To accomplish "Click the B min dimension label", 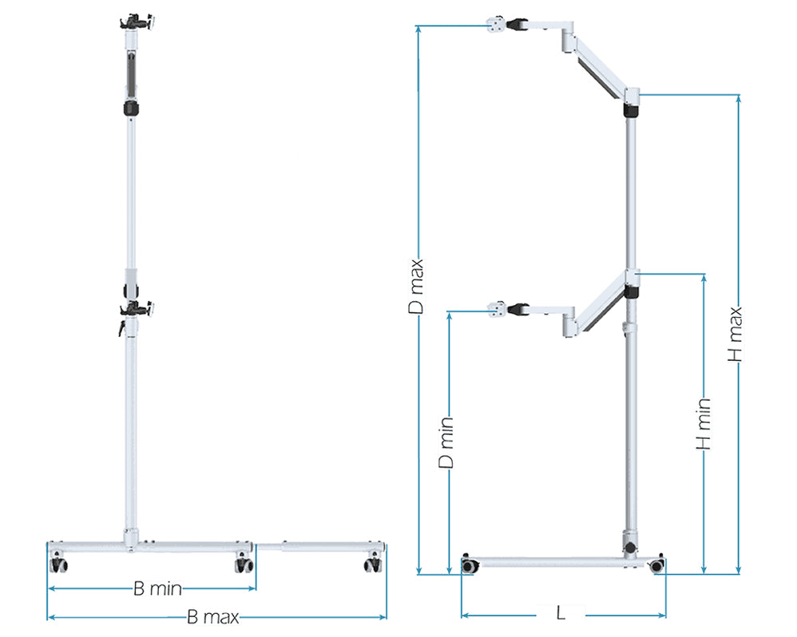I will pyautogui.click(x=157, y=590).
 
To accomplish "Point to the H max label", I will pyautogui.click(x=736, y=335).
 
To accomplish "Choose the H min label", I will pyautogui.click(x=704, y=423).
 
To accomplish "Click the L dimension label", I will pyautogui.click(x=561, y=613).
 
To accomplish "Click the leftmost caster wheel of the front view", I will pyautogui.click(x=59, y=565).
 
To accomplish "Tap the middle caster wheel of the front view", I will pyautogui.click(x=244, y=565).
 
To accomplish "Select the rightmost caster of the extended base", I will pyautogui.click(x=371, y=565).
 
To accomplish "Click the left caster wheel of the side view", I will pyautogui.click(x=471, y=565).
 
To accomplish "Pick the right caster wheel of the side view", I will pyautogui.click(x=656, y=565).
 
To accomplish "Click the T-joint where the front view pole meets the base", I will pyautogui.click(x=131, y=540).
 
